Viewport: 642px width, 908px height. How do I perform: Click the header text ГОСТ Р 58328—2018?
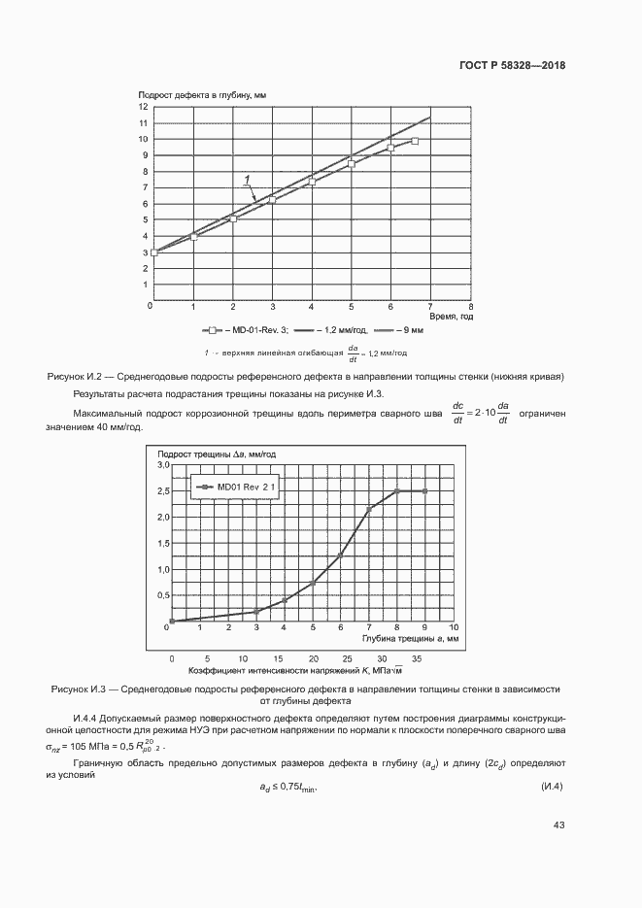click(x=512, y=66)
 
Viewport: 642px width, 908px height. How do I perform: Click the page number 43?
click(x=558, y=824)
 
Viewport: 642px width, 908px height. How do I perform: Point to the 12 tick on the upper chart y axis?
click(x=144, y=107)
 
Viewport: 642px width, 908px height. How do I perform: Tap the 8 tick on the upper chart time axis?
click(x=470, y=306)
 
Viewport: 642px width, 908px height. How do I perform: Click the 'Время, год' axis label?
click(x=453, y=316)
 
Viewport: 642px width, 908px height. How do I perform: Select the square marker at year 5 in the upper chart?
click(x=352, y=164)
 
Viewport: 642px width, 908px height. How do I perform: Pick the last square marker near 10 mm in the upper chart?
click(x=415, y=142)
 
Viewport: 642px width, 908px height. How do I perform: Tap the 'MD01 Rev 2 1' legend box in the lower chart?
click(x=237, y=486)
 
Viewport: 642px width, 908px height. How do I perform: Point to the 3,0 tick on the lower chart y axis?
click(x=162, y=466)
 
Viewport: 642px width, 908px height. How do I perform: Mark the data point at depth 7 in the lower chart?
click(x=369, y=509)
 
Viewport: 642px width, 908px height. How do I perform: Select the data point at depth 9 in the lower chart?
click(x=424, y=491)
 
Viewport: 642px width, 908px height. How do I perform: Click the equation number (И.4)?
click(x=551, y=785)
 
